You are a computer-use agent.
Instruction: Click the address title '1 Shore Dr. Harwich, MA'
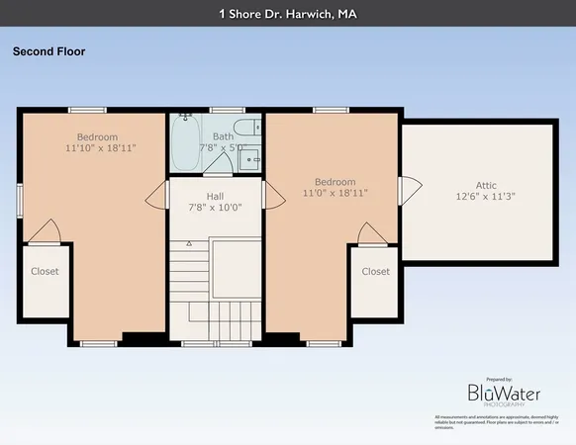(x=288, y=14)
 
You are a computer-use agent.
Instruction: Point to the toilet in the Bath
(x=251, y=126)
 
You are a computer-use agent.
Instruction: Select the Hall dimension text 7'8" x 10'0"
(x=215, y=208)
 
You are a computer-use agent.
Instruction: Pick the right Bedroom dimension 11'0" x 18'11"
(x=335, y=194)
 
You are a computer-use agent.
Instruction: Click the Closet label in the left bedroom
(x=45, y=271)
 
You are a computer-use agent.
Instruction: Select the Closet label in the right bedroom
(x=375, y=271)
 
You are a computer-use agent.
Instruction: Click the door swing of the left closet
(x=45, y=231)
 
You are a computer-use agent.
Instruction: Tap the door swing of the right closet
(x=373, y=233)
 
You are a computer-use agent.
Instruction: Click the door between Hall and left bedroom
(x=157, y=195)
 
